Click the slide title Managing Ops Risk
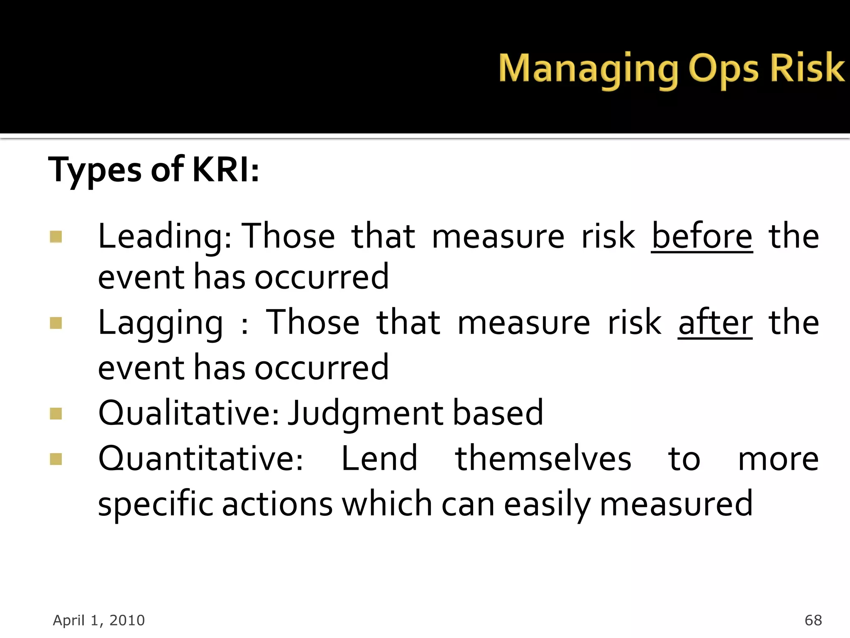[x=671, y=69]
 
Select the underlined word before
[x=701, y=236]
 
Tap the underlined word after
[x=715, y=323]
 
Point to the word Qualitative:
[x=189, y=413]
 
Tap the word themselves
[x=543, y=459]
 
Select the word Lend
[x=379, y=459]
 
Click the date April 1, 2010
[x=99, y=620]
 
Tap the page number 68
[x=813, y=620]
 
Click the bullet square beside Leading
[x=56, y=237]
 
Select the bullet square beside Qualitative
[x=56, y=414]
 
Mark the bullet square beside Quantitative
[x=56, y=459]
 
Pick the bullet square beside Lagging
[x=56, y=323]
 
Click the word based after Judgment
[x=498, y=413]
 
